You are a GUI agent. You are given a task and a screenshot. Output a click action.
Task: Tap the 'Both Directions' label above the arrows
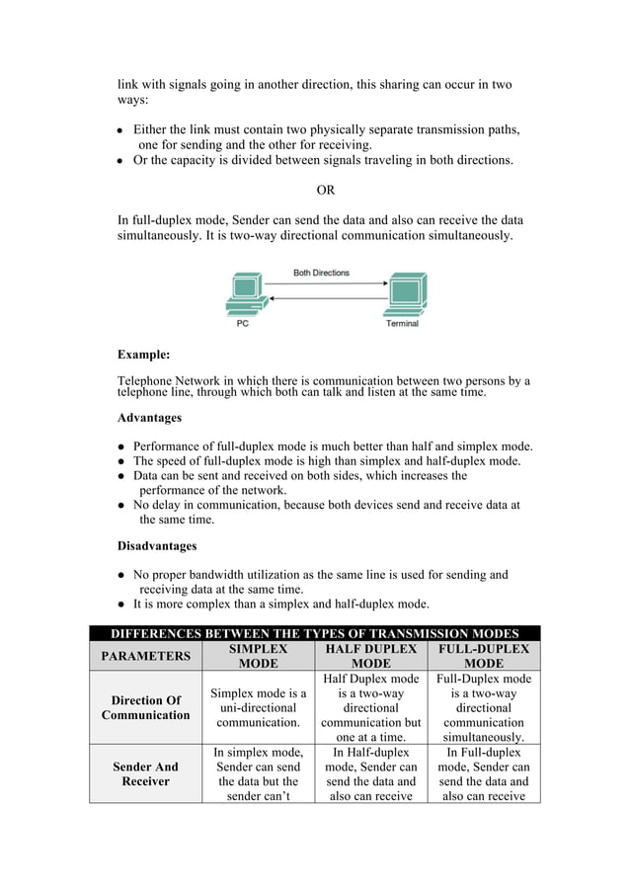tap(321, 273)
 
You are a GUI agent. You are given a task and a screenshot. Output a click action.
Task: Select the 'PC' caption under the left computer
tap(242, 323)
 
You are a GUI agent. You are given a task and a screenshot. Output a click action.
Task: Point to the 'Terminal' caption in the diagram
tap(402, 323)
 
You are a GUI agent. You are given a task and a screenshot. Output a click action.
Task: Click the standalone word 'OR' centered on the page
tap(325, 190)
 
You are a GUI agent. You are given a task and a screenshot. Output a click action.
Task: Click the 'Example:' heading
tap(144, 354)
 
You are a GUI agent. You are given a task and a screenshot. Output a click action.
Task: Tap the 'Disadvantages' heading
tap(157, 545)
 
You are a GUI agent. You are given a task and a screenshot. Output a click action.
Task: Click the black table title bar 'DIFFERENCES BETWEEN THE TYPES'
tap(314, 633)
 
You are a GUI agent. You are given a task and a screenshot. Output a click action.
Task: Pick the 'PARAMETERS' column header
tap(145, 656)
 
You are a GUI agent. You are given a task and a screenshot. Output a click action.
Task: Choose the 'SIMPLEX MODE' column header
tap(258, 656)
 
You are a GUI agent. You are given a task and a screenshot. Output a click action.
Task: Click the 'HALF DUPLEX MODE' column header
tap(370, 656)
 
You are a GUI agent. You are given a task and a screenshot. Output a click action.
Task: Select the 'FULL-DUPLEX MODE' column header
tap(484, 656)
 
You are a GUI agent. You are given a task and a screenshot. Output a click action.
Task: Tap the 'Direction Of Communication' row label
tap(145, 707)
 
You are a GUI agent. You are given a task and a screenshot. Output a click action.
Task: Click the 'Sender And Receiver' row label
tap(145, 773)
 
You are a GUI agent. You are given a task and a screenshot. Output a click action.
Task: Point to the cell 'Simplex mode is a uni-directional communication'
tap(258, 708)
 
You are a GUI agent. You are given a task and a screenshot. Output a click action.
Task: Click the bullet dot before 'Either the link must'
tap(120, 130)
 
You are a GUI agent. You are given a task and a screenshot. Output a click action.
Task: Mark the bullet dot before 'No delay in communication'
tap(120, 506)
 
